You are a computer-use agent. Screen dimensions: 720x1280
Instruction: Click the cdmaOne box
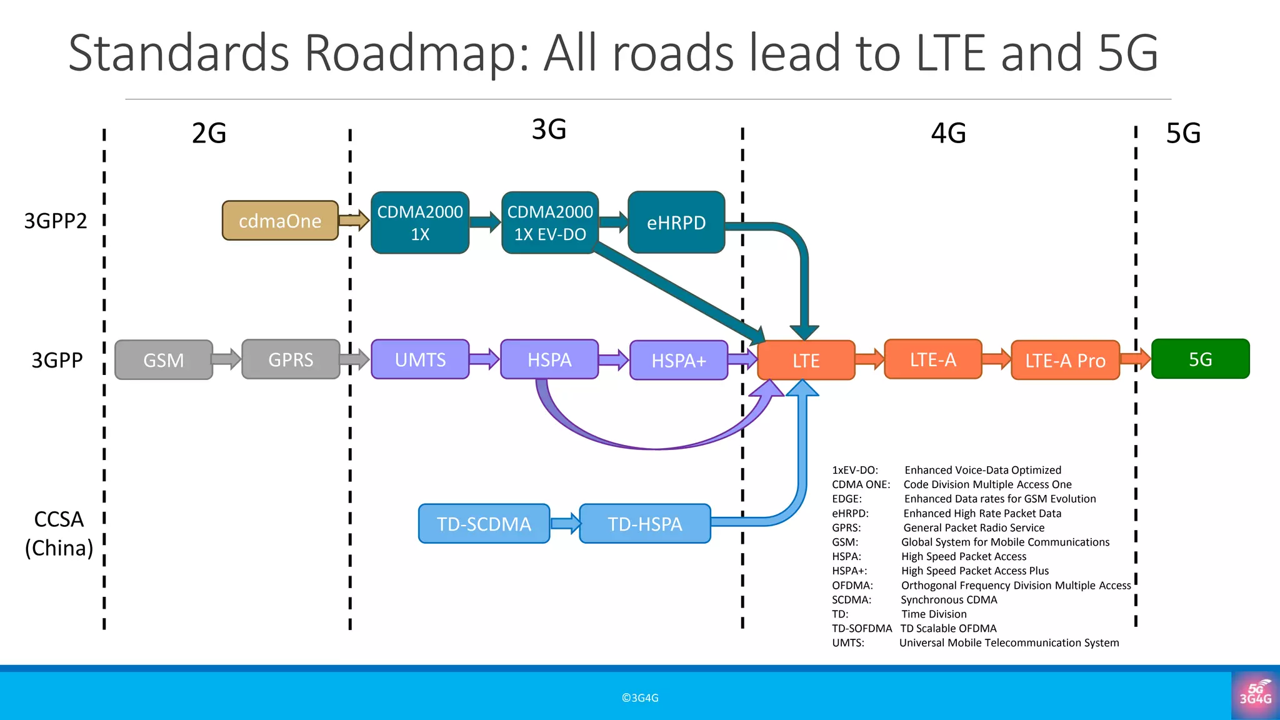pyautogui.click(x=280, y=221)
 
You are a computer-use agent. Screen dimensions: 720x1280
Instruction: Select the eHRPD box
pyautogui.click(x=676, y=222)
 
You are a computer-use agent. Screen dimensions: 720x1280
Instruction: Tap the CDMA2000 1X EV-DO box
pyautogui.click(x=549, y=222)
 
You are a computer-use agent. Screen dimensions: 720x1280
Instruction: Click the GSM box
pyautogui.click(x=164, y=360)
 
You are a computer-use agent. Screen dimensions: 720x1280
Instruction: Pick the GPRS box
pyautogui.click(x=291, y=359)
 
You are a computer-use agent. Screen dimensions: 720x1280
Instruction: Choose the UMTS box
pyautogui.click(x=420, y=359)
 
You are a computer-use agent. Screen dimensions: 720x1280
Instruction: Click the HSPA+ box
pyautogui.click(x=679, y=361)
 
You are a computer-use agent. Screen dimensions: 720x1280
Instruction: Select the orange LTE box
pyautogui.click(x=806, y=361)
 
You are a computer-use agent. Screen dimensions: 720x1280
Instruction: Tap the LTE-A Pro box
pyautogui.click(x=1065, y=361)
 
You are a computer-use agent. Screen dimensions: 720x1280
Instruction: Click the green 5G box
pyautogui.click(x=1200, y=359)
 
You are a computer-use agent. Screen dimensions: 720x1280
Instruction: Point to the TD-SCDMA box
pyautogui.click(x=484, y=524)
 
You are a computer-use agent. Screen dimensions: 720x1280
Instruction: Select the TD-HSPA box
pyautogui.click(x=645, y=524)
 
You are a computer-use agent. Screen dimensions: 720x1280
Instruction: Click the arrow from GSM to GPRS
pyautogui.click(x=226, y=359)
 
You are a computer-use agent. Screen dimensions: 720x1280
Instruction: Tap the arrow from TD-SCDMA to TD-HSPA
pyautogui.click(x=565, y=523)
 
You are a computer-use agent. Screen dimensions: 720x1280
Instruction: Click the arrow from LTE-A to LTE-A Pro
pyautogui.click(x=996, y=359)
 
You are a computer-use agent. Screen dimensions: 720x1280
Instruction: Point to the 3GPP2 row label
pyautogui.click(x=56, y=221)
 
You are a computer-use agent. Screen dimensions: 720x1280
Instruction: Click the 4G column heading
pyautogui.click(x=948, y=133)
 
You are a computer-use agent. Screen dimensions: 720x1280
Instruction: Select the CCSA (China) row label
pyautogui.click(x=59, y=533)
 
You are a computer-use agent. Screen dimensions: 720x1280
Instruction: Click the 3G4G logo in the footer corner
pyautogui.click(x=1255, y=695)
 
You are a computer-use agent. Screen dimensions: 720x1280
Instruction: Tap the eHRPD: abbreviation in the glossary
pyautogui.click(x=850, y=513)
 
